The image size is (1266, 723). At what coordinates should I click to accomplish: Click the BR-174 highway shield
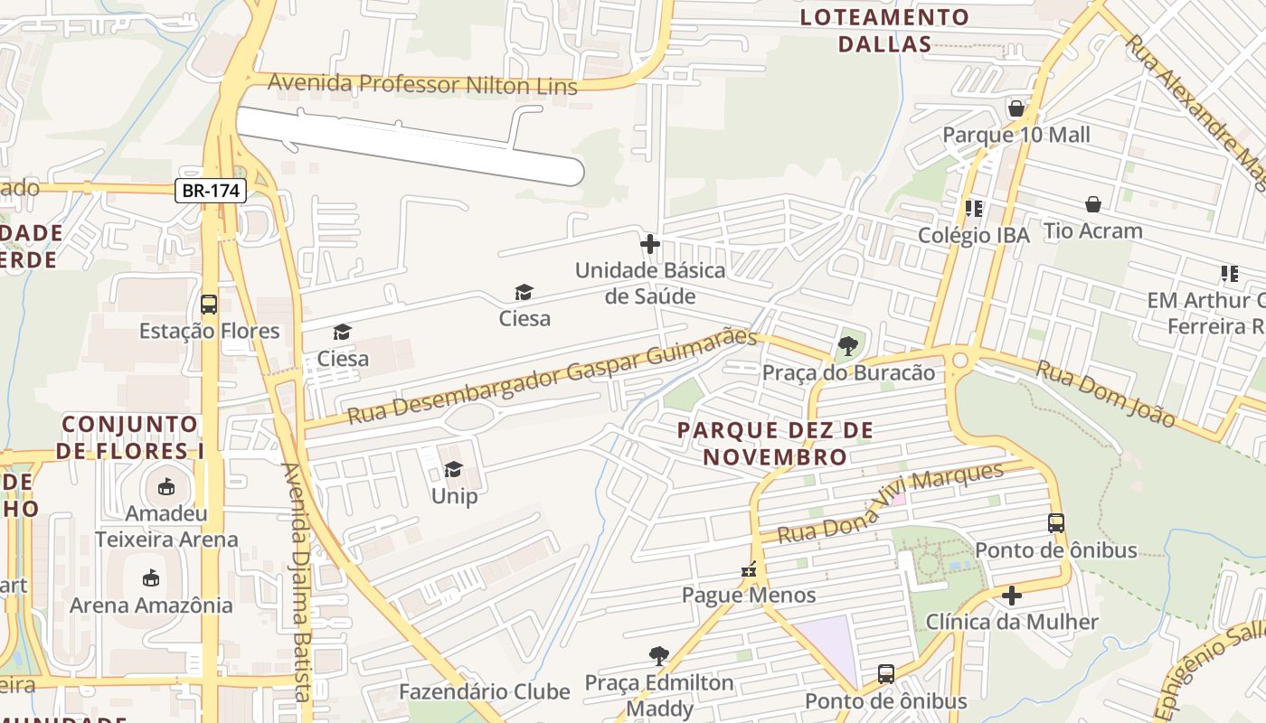210,191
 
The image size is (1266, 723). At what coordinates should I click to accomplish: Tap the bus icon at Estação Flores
209,305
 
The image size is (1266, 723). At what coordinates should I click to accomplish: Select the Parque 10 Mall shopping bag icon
1016,109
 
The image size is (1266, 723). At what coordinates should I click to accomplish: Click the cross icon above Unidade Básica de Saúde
649,244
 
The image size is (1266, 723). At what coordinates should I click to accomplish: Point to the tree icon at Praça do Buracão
848,345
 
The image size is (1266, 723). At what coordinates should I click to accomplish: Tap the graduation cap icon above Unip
453,469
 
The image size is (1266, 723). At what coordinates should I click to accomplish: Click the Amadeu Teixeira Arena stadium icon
166,488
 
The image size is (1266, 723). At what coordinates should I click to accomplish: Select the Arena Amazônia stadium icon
151,578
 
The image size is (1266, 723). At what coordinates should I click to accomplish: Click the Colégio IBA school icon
973,209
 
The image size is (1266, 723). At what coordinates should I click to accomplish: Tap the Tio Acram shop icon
1092,204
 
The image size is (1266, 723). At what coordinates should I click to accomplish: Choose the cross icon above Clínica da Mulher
1012,596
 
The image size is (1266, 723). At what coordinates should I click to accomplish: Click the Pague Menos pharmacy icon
749,569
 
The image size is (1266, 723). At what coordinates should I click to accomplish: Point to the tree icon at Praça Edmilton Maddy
659,655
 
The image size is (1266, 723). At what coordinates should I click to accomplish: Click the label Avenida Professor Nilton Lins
422,85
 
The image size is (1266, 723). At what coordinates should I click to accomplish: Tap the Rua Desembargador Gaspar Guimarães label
552,376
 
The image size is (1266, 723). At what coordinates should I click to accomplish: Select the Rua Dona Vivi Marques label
891,503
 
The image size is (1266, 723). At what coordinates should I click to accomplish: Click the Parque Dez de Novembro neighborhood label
775,443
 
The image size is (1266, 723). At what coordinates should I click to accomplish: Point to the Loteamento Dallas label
884,31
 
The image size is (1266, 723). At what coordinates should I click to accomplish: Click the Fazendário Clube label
485,692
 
